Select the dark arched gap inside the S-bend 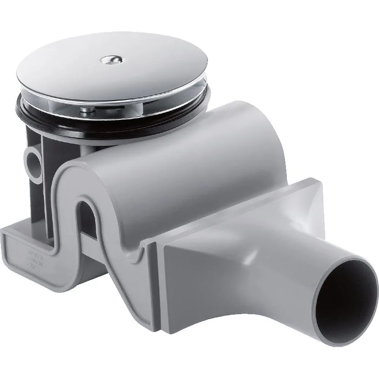(89, 217)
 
